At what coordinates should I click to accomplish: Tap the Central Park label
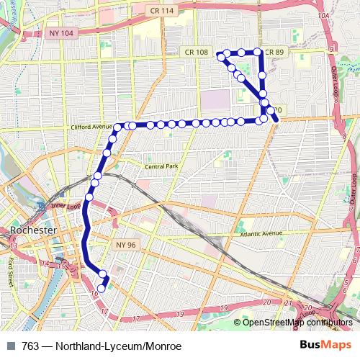point(161,166)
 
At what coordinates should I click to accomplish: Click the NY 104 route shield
point(63,33)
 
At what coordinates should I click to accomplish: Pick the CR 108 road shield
point(196,52)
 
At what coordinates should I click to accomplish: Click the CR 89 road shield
point(274,52)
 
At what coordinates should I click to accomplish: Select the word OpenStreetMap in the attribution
point(271,322)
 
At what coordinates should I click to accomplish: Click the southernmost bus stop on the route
point(102,289)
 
